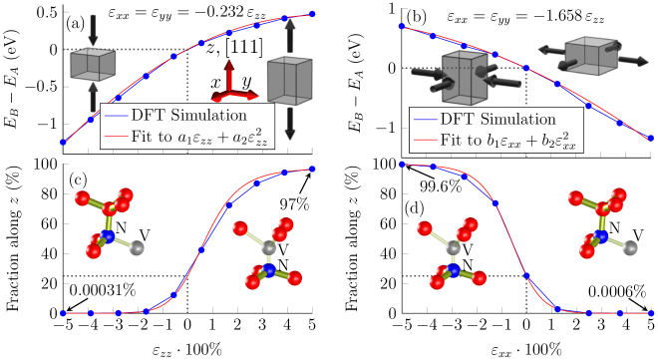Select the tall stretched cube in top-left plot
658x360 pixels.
(x=290, y=80)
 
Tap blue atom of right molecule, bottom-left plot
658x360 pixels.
(x=267, y=270)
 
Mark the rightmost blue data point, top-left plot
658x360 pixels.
(x=312, y=14)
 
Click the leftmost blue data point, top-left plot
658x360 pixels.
(x=63, y=142)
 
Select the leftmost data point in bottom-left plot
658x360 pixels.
(x=63, y=313)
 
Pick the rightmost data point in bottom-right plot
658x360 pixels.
(x=650, y=313)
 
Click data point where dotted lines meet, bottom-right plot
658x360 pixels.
(x=524, y=276)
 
